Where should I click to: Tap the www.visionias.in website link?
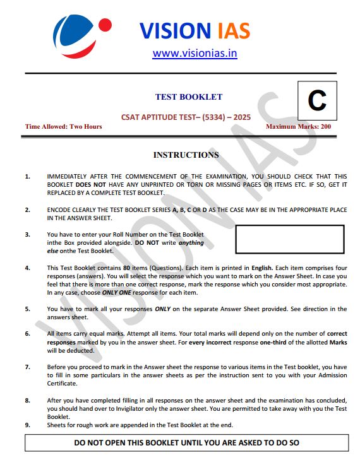(195, 53)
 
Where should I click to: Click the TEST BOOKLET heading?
(189, 97)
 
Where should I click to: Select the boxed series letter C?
(316, 101)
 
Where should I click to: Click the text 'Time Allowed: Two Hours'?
(63, 127)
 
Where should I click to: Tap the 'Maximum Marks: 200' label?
(299, 127)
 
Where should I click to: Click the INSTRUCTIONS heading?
(186, 155)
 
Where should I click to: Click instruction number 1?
(27, 176)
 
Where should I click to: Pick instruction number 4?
(27, 268)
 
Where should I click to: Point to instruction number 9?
(27, 425)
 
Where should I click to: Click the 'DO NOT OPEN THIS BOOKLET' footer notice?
(186, 443)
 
